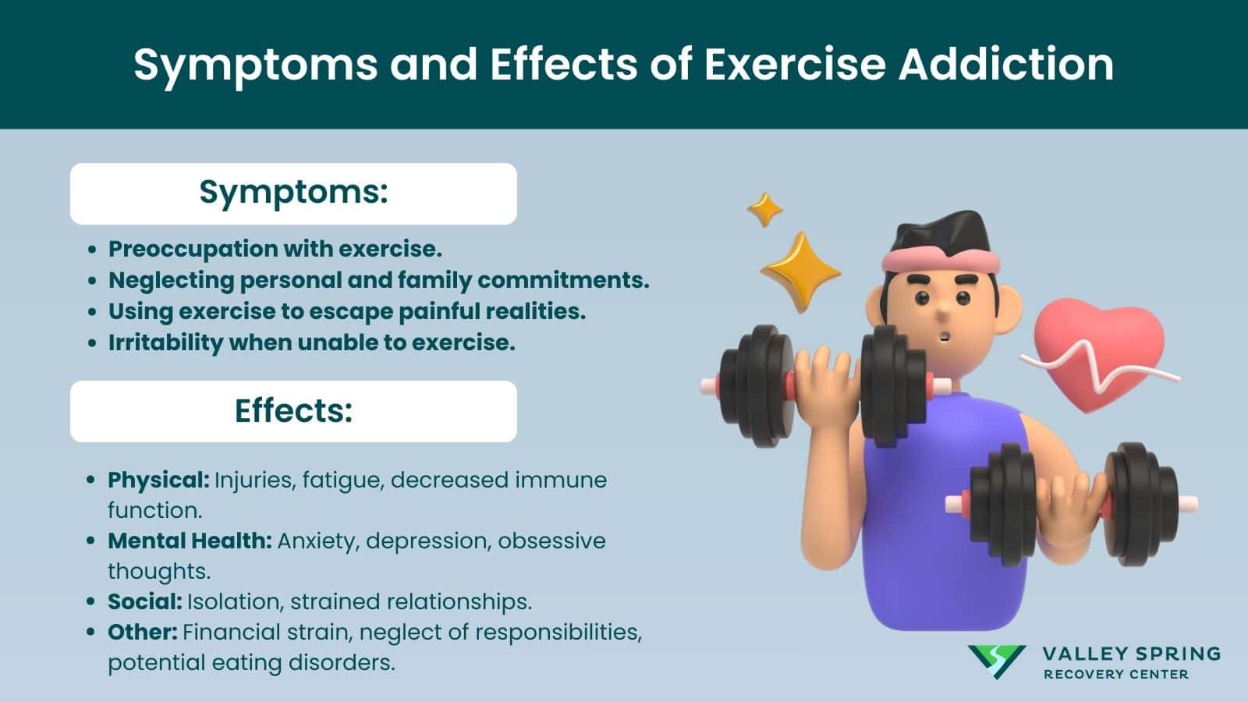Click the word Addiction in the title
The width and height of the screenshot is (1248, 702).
pos(1005,64)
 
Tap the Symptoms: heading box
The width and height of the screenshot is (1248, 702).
pos(293,193)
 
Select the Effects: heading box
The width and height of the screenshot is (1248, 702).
pos(293,411)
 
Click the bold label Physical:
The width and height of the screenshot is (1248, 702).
pos(158,480)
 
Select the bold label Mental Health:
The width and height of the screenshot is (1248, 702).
pos(190,541)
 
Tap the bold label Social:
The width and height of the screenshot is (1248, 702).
pos(144,601)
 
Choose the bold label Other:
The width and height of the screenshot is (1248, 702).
pos(143,632)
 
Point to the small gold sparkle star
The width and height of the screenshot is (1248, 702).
pos(764,209)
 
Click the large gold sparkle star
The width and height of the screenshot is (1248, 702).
pos(799,271)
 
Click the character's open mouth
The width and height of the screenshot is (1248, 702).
pos(945,338)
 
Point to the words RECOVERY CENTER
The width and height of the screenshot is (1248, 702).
pos(1115,674)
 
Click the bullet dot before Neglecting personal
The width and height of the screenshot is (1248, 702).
pos(93,281)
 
